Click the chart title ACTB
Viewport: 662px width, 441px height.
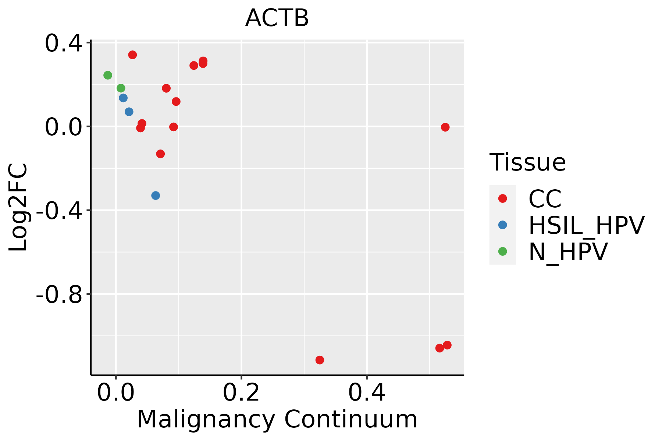[x=277, y=18]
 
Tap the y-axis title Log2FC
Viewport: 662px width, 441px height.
[x=18, y=207]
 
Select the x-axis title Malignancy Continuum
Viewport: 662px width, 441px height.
[x=277, y=420]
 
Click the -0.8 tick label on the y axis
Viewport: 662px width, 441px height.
[x=59, y=294]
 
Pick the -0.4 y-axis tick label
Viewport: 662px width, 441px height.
[x=59, y=211]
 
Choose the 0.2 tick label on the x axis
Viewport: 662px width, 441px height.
[x=241, y=393]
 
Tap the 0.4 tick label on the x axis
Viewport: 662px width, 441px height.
[x=367, y=393]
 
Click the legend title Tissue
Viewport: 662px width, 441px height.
[x=527, y=162]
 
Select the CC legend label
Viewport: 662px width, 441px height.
[x=545, y=199]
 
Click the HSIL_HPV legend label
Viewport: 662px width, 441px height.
[x=586, y=225]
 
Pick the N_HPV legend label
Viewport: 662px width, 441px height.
[x=568, y=252]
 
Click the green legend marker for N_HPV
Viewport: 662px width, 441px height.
[x=502, y=251]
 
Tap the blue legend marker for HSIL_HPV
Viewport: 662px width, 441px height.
[x=502, y=225]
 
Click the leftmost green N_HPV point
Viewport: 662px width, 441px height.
[x=108, y=75]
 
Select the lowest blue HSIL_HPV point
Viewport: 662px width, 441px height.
[x=156, y=196]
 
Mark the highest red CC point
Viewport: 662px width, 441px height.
[x=133, y=55]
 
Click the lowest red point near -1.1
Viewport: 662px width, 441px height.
[x=320, y=360]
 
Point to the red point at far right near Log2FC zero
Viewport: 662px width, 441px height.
[x=445, y=127]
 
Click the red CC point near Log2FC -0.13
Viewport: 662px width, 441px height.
[x=160, y=154]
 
